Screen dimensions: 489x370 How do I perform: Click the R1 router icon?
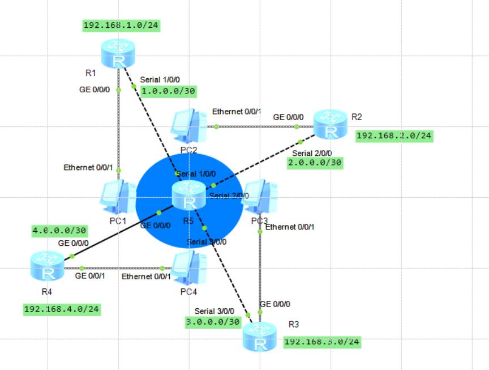pyautogui.click(x=119, y=53)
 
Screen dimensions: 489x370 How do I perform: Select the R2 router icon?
pyautogui.click(x=331, y=124)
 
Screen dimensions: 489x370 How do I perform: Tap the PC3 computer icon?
pyautogui.click(x=261, y=197)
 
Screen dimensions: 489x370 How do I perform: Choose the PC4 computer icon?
pyautogui.click(x=188, y=267)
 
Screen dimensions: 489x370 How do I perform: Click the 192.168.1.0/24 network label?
pyautogui.click(x=121, y=25)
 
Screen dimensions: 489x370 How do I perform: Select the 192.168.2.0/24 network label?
pyautogui.click(x=394, y=136)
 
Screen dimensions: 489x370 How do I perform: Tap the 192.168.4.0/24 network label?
pyautogui.click(x=62, y=309)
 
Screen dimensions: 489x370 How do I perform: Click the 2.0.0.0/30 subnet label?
pyautogui.click(x=315, y=163)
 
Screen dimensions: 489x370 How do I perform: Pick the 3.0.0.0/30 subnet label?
pyautogui.click(x=213, y=321)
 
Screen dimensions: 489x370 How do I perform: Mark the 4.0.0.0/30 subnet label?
pyautogui.click(x=59, y=231)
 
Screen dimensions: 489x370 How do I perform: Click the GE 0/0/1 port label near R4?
pyautogui.click(x=89, y=276)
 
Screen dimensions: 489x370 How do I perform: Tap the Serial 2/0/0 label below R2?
pyautogui.click(x=311, y=153)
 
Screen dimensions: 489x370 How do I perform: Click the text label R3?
pyautogui.click(x=293, y=325)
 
